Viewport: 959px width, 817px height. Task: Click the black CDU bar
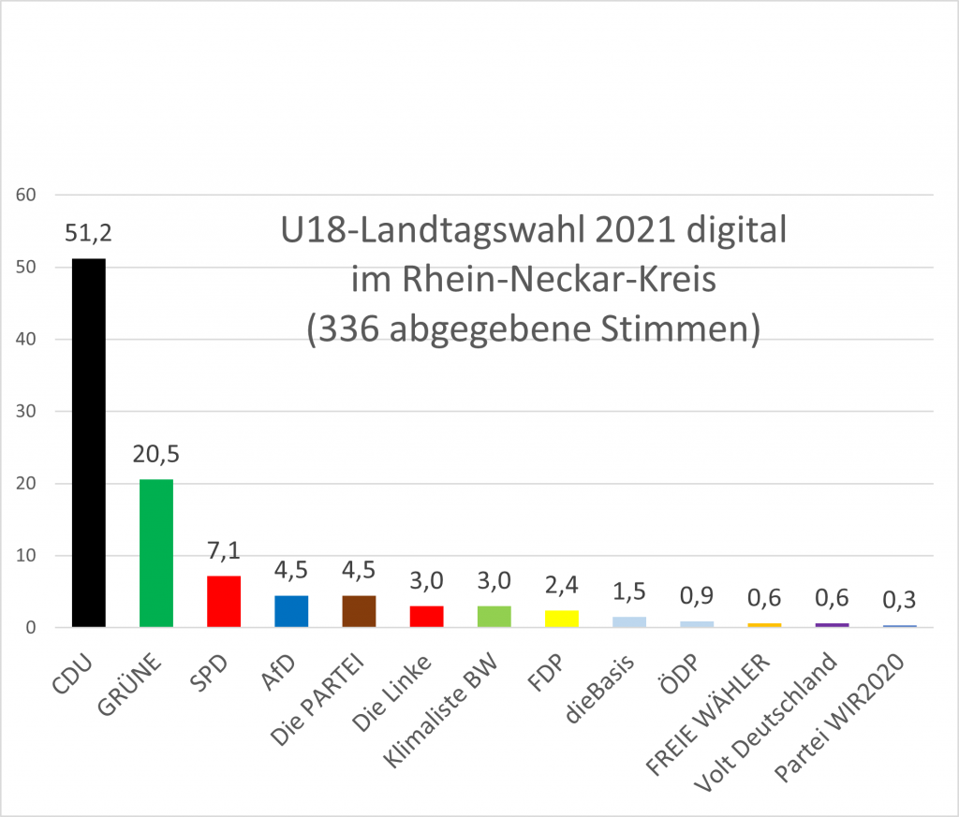[88, 443]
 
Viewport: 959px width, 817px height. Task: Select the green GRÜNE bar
[155, 553]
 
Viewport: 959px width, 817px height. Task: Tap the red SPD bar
[224, 602]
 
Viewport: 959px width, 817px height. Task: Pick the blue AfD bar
[291, 611]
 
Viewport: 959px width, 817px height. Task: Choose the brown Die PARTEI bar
[359, 611]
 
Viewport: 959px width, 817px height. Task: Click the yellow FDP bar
[562, 619]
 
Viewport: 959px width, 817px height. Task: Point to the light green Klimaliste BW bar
[494, 617]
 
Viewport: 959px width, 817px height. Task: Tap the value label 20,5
[155, 455]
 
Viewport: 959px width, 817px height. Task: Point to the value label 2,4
[562, 586]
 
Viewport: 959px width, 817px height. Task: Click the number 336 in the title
[356, 330]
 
